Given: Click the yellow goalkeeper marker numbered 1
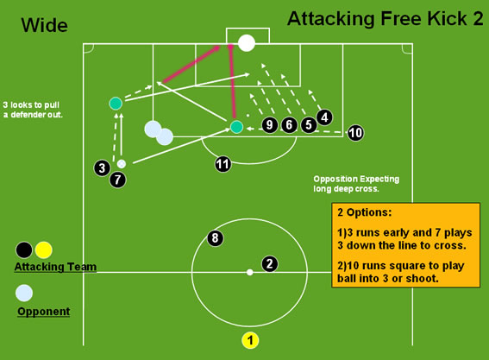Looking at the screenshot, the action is tap(250, 340).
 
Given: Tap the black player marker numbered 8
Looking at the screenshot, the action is tap(216, 238).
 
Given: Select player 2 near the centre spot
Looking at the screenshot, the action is tap(270, 264).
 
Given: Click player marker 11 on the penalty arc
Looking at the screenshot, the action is tap(223, 164).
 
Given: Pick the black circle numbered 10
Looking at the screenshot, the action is tap(355, 133).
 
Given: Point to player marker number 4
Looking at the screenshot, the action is tap(324, 117).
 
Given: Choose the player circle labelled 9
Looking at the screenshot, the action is tap(270, 125).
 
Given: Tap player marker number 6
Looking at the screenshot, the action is tap(290, 125).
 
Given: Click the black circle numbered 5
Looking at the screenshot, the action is tap(309, 125).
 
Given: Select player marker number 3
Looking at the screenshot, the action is tap(102, 168).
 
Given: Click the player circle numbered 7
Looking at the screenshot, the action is tap(118, 180).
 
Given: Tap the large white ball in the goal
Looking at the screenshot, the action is tap(247, 43).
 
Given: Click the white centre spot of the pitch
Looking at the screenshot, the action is tap(249, 272).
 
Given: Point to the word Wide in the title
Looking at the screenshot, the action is tap(44, 25).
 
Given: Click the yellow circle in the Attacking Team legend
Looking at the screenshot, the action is tap(43, 249).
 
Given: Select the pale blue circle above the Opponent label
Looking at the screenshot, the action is tap(24, 293).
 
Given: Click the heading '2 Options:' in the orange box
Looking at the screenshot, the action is tap(364, 212).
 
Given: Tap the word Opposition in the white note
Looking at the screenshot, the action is tap(335, 180).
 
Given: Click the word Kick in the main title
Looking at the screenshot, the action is tap(448, 19).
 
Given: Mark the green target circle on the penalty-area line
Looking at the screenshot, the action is tap(236, 127).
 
